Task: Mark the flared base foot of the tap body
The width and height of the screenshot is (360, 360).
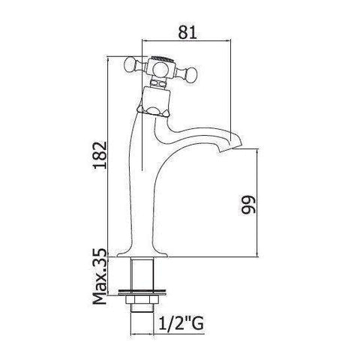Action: point(142,251)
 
